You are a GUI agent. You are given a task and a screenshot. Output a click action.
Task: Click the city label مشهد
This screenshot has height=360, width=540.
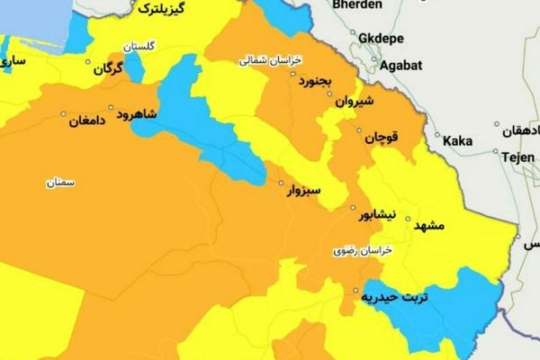[x=428, y=227]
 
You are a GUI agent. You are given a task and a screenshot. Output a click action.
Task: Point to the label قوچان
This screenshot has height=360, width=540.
[x=380, y=139]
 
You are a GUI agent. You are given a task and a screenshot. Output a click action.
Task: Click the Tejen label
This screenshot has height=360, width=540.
[x=515, y=156]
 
